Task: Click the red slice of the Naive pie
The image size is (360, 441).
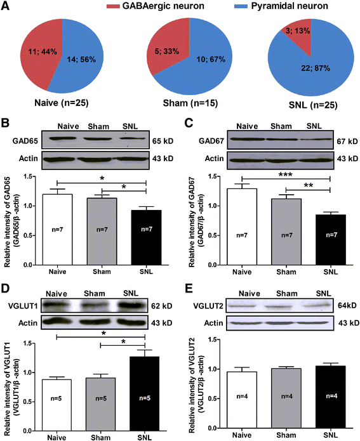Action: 39,53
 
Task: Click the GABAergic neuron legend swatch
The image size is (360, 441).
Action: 113,6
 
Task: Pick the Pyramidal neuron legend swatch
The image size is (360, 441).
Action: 241,6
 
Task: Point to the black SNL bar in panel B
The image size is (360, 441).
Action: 147,238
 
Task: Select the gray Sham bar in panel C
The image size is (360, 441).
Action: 286,232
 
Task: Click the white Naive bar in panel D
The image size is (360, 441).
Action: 57,405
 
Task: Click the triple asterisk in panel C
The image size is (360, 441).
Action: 286,174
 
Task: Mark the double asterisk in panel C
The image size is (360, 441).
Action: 309,185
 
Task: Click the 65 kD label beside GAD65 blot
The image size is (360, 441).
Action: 163,141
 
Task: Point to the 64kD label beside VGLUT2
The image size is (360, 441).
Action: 347,305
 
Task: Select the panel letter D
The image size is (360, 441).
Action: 6,289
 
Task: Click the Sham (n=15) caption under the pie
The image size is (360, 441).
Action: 190,103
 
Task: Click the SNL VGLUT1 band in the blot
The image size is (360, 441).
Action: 131,305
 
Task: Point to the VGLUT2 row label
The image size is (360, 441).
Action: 208,306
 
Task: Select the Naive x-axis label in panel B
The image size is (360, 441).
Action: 57,272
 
